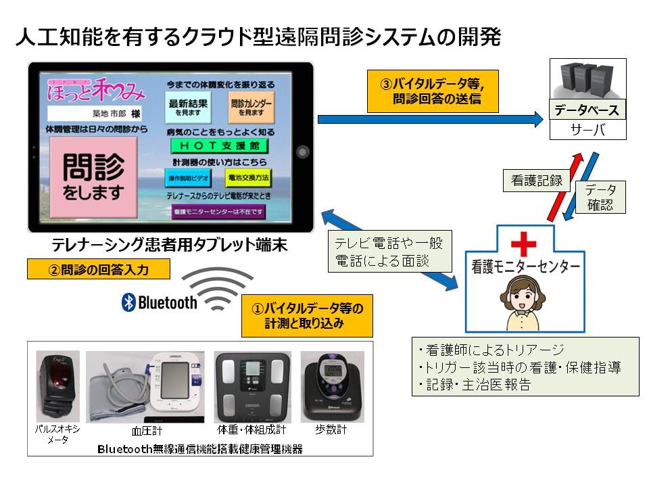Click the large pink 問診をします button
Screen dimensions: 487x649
95,174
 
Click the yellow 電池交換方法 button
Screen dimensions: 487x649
248,178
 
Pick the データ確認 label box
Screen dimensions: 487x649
600,198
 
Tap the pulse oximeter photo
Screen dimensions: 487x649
57,386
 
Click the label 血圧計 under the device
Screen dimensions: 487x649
146,431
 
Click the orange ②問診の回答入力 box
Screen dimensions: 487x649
98,270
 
